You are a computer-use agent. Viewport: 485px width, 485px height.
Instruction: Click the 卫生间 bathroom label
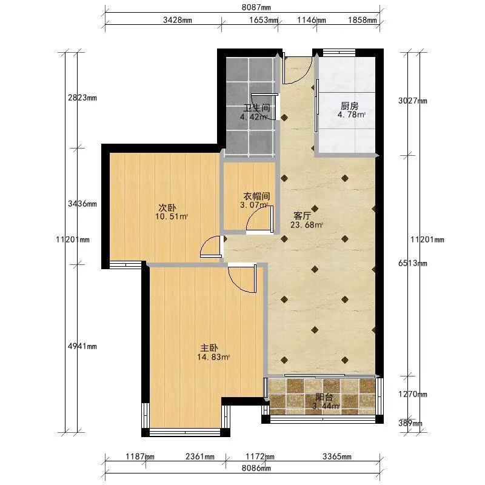[256, 108]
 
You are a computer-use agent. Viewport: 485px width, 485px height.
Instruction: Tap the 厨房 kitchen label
[350, 106]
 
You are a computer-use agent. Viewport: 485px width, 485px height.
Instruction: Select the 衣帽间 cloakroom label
[256, 196]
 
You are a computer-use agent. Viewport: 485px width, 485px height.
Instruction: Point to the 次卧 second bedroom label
[167, 207]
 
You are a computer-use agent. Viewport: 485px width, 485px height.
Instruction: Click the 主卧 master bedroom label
[209, 348]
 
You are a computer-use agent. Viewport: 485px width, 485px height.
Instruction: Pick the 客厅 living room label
[302, 216]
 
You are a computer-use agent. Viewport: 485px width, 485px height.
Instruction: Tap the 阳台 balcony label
[324, 397]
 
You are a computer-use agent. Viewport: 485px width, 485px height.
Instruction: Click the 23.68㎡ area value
[307, 225]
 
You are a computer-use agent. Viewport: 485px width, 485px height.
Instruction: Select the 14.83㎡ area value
[213, 357]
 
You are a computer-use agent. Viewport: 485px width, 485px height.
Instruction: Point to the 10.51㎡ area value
[172, 216]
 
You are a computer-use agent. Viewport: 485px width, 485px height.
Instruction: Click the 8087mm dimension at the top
[256, 7]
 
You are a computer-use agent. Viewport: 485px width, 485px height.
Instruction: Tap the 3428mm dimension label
[178, 20]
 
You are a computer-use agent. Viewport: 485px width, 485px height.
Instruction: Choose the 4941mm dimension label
[82, 346]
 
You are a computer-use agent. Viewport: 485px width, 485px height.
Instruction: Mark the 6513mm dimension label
[413, 263]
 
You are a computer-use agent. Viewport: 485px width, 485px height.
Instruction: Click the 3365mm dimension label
[337, 457]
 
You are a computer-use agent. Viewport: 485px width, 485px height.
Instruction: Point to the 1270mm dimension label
[413, 395]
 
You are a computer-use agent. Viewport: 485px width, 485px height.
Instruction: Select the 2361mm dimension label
[200, 457]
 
